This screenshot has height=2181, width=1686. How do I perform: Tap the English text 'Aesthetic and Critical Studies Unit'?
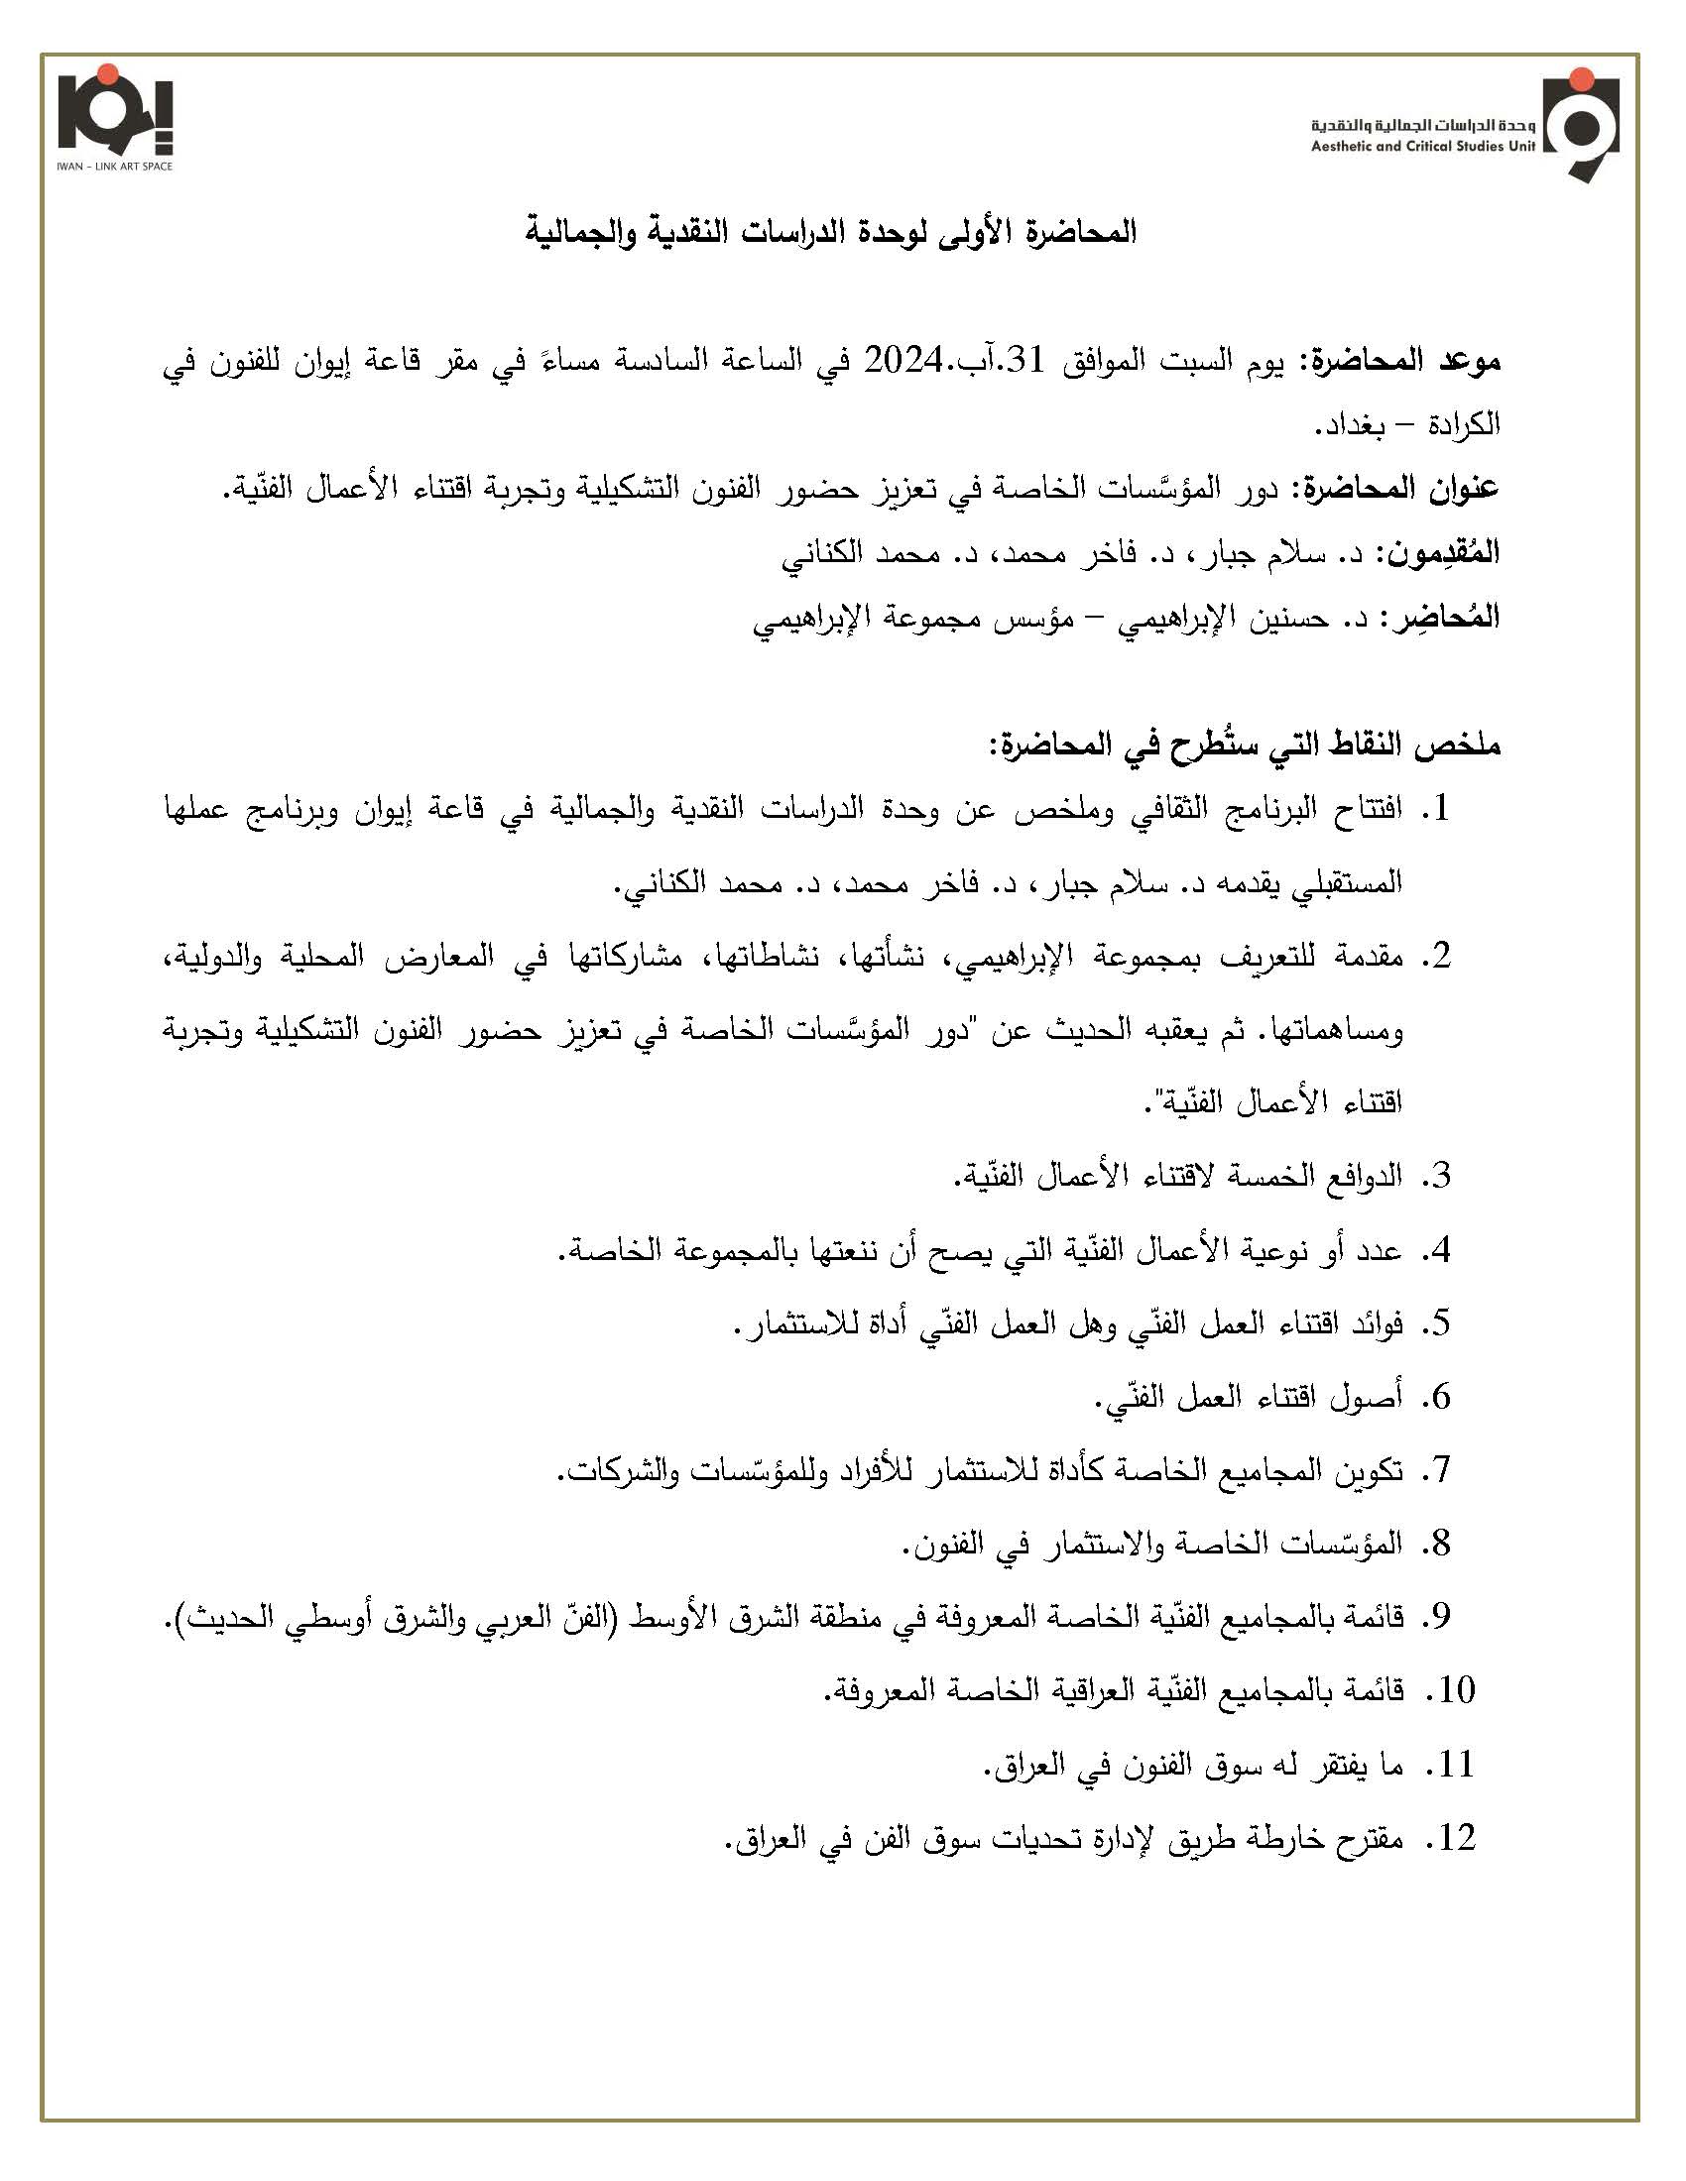coord(1423,146)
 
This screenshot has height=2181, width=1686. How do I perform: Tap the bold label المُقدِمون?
coord(1440,554)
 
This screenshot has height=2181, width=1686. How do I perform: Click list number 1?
coord(1438,810)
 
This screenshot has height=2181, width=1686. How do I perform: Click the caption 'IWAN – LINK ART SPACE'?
coord(115,166)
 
